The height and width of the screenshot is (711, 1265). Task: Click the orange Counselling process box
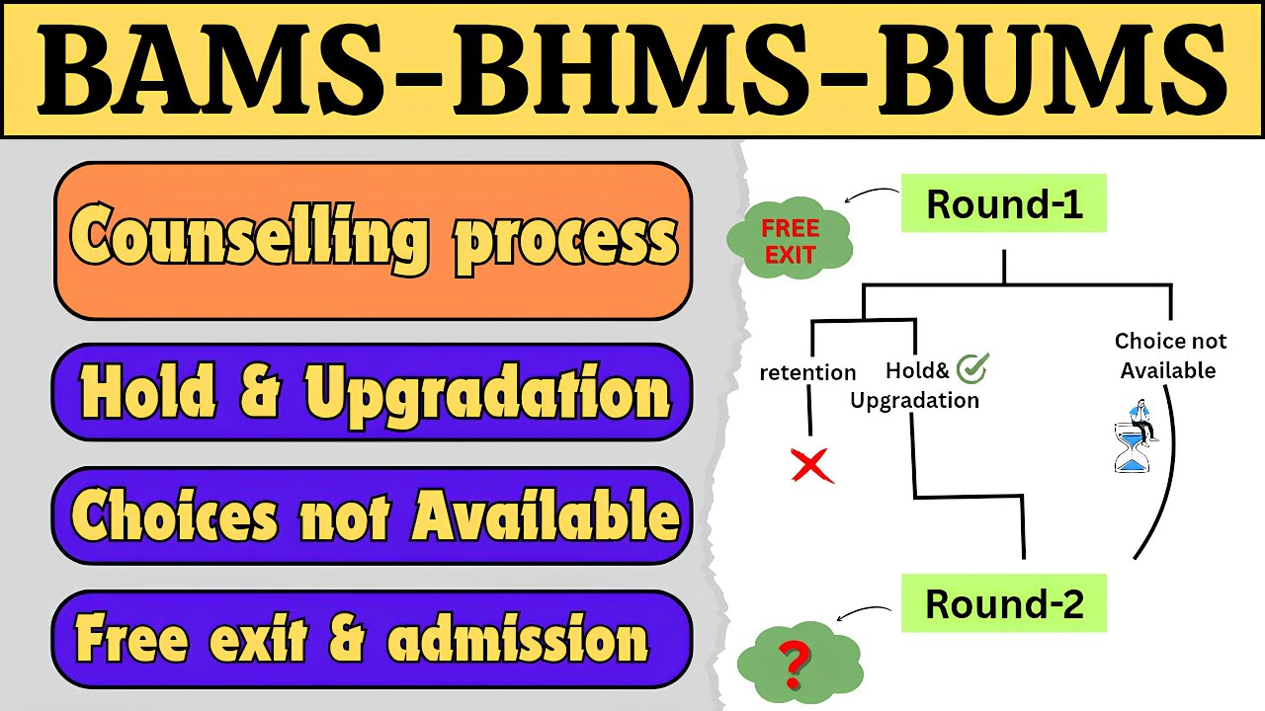[373, 240]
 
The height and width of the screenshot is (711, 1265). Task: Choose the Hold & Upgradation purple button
[373, 392]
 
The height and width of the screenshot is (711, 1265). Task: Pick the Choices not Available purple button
[373, 515]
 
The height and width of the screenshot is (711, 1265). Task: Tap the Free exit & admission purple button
[373, 638]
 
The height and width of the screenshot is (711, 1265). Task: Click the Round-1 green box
[1004, 204]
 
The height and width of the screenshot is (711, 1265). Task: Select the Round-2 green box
[1004, 603]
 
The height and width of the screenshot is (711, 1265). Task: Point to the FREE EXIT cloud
[790, 240]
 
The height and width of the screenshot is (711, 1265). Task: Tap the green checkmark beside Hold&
[974, 368]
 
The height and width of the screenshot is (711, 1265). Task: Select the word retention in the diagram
[807, 372]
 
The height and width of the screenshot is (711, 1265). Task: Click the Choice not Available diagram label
[1170, 355]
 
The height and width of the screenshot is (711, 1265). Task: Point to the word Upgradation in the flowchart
[914, 400]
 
